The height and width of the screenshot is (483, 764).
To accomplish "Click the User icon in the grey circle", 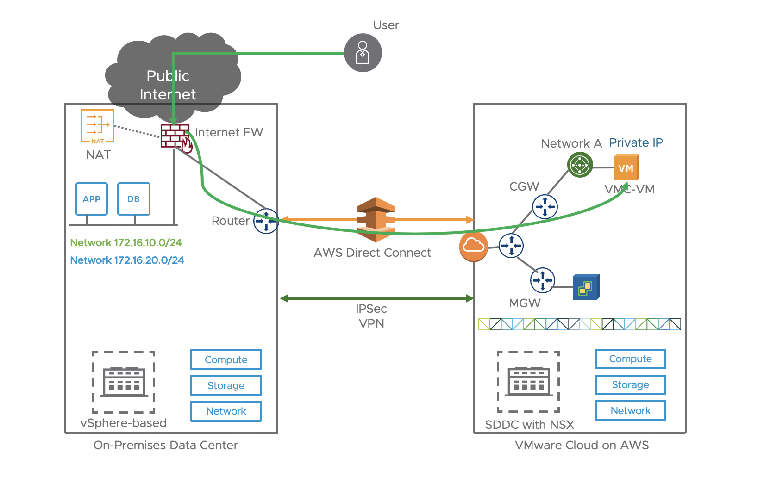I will (363, 53).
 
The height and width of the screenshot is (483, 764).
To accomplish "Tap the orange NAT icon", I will (98, 126).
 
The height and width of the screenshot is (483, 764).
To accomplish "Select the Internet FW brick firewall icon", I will (175, 136).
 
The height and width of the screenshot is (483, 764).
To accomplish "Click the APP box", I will (92, 199).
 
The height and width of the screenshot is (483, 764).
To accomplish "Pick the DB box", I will (133, 199).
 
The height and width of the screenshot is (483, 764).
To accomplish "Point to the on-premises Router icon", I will (266, 221).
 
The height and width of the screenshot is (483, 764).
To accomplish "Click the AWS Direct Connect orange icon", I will (376, 220).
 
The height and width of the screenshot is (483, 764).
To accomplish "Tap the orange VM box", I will (626, 167).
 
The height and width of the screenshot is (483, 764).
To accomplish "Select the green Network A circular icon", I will (580, 165).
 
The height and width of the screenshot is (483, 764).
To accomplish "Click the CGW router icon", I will (545, 206).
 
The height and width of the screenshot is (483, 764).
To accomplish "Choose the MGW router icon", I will (542, 280).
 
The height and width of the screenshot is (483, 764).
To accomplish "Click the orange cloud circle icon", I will (473, 246).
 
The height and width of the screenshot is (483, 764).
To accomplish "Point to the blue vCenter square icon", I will (586, 287).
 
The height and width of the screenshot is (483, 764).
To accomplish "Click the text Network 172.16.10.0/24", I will (125, 242).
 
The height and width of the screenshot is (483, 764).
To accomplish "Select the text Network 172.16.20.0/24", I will (127, 260).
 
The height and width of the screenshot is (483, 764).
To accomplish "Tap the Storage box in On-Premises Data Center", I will (226, 385).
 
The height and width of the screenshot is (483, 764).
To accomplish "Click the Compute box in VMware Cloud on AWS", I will (630, 359).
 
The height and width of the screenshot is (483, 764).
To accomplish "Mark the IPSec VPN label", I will (371, 316).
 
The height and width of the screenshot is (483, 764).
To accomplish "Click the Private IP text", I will (636, 142).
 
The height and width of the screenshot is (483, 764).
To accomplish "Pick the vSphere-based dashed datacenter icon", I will (124, 382).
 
